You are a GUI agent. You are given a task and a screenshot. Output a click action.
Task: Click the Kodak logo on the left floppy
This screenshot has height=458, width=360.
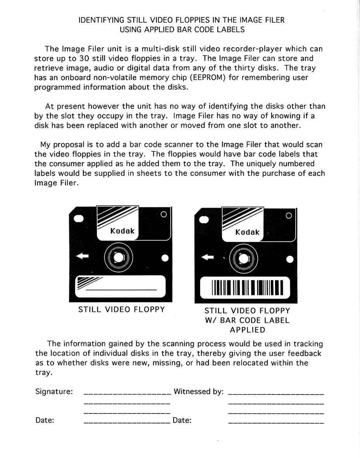[x=122, y=231]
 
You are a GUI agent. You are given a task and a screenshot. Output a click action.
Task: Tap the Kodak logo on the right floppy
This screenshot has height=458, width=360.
[x=247, y=232]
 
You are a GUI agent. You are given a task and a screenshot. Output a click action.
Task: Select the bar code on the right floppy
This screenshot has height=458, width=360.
[x=247, y=287]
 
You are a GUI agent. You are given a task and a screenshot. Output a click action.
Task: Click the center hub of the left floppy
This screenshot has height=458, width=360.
[x=119, y=257]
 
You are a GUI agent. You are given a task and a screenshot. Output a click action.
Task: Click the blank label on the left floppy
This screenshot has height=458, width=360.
[x=122, y=286]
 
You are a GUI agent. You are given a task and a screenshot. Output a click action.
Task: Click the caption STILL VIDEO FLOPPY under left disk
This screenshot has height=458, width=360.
[x=122, y=310]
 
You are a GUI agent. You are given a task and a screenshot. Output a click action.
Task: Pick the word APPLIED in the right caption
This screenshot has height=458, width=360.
[x=247, y=330]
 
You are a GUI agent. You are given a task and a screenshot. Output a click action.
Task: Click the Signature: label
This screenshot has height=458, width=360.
[x=54, y=391]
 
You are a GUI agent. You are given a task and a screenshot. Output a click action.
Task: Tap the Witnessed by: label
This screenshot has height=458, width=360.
[x=198, y=391]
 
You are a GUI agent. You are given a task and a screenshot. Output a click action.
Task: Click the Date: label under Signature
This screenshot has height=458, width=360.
[x=45, y=420]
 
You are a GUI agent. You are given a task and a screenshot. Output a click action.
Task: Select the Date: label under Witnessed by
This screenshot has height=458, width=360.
[x=182, y=420]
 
